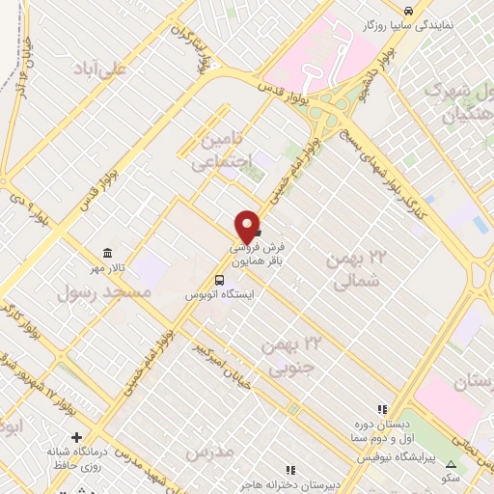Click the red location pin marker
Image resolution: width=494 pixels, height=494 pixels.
[247, 227]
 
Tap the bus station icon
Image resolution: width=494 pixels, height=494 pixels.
[220, 279]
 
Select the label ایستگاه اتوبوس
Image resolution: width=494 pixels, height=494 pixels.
[218, 295]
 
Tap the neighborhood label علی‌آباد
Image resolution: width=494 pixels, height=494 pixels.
[106, 69]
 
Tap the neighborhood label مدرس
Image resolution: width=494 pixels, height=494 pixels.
[208, 451]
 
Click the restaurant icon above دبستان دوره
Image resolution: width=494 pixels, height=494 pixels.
[383, 409]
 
